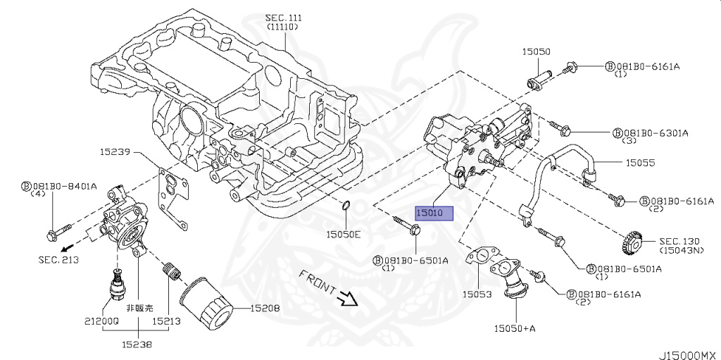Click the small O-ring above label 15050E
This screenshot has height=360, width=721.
(346, 205)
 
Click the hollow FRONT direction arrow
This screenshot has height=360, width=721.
(347, 299)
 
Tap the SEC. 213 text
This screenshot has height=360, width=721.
(58, 259)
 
